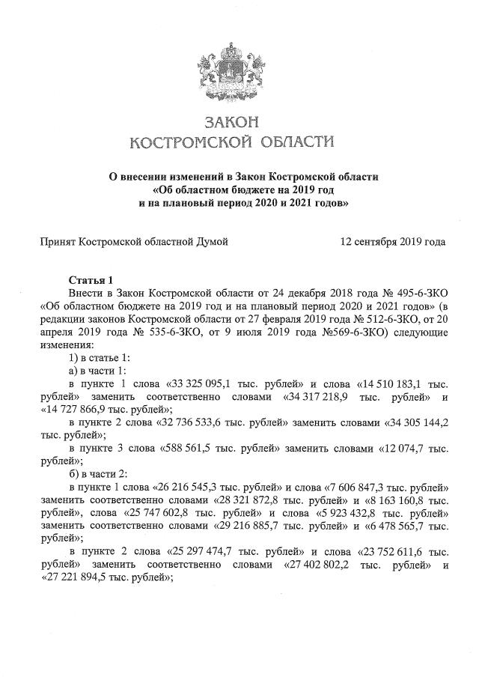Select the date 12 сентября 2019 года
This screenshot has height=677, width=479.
[x=393, y=242]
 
